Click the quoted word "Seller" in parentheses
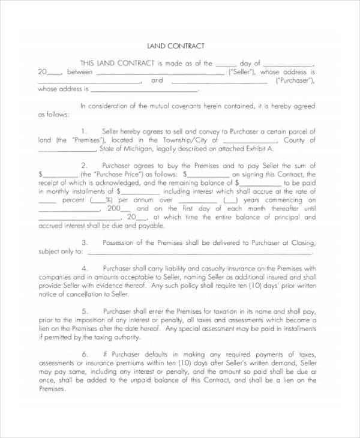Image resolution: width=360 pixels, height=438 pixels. coord(241,71)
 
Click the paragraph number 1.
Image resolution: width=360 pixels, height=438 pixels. coord(85,131)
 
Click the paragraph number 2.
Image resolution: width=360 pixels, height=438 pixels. coord(85,165)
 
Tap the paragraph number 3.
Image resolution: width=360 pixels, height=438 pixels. coord(85,242)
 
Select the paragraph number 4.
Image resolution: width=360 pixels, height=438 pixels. coord(85,268)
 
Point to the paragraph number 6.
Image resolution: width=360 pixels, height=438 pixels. coord(85,354)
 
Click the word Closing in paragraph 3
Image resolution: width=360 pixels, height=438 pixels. coord(302,242)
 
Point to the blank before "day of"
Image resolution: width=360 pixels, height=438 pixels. coord(226,63)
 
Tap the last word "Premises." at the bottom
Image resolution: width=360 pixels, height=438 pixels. coord(52,388)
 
